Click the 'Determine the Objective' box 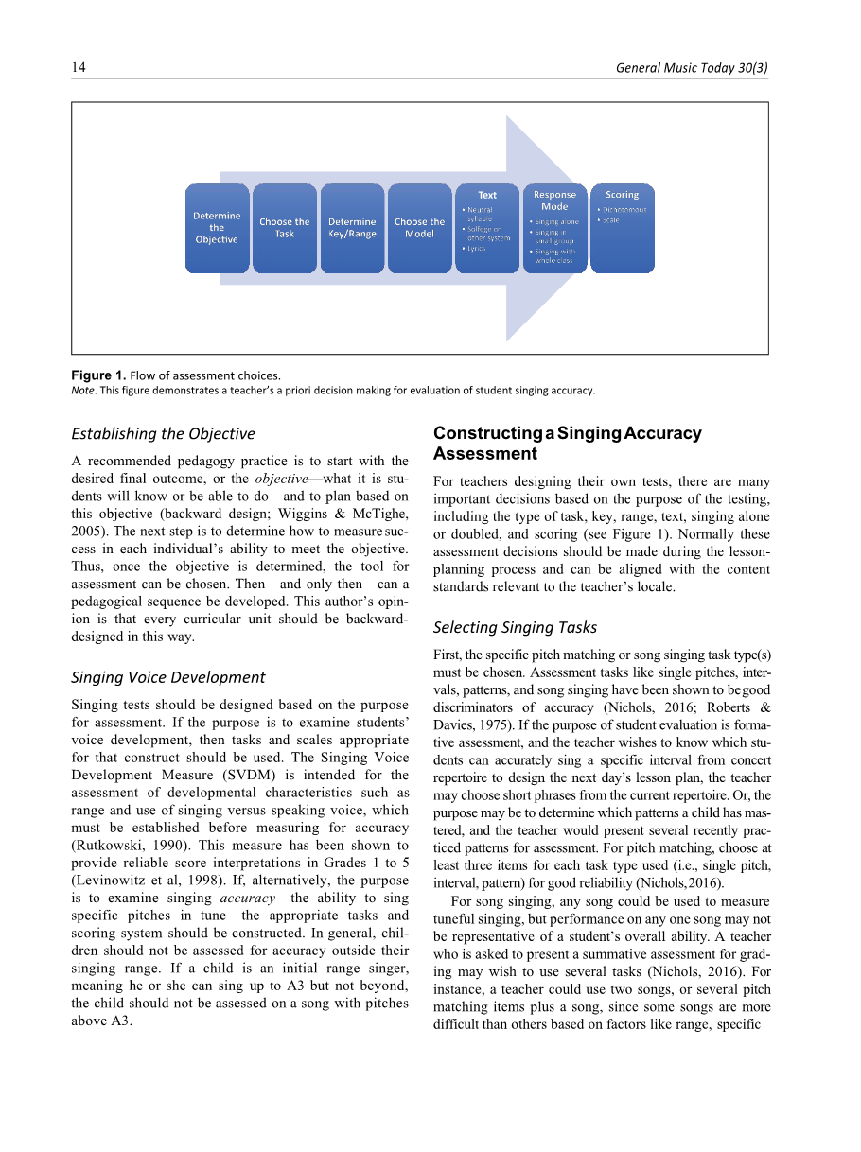point(217,228)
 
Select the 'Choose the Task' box point(285,228)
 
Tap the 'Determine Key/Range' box point(352,228)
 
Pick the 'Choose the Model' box point(419,228)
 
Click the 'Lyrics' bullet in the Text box point(476,248)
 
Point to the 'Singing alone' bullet point(558,222)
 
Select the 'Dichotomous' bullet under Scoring point(625,210)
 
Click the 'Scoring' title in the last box point(623,195)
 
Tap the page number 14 point(79,68)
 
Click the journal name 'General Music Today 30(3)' point(692,68)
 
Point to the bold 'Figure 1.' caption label point(98,375)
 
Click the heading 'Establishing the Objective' point(164,433)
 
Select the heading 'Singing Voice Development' point(168,677)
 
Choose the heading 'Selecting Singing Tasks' point(515,627)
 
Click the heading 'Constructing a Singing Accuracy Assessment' point(568,443)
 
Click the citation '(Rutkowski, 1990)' point(120,846)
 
